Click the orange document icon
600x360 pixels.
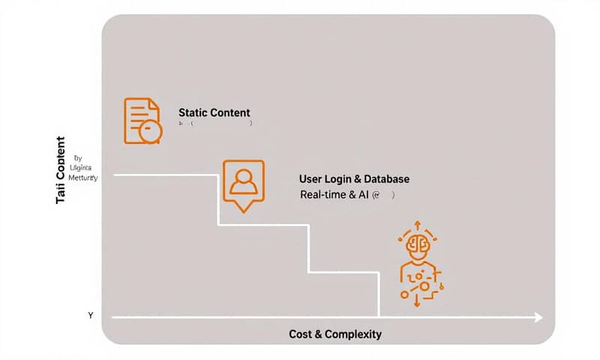pos(141,119)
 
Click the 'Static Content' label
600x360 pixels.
pos(214,112)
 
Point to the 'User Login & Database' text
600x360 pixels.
pos(354,179)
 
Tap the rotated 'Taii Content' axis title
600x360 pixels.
pos(61,172)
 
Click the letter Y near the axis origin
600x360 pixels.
pos(91,316)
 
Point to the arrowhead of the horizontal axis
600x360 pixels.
pos(538,317)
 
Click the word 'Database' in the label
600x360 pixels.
pos(387,179)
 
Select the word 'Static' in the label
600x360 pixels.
pos(193,112)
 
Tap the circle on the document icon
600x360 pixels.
pos(150,130)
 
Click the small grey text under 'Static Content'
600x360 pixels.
pos(214,124)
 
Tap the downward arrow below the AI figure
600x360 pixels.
pos(415,301)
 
